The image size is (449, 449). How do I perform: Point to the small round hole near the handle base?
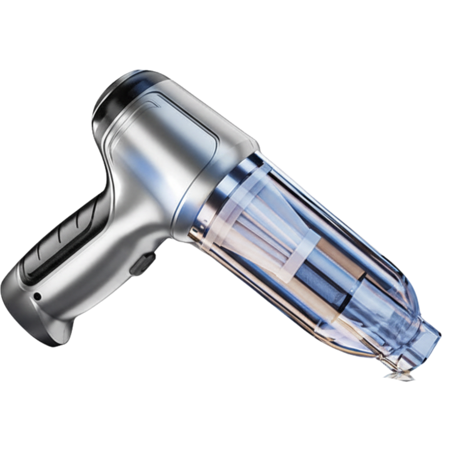(37, 296)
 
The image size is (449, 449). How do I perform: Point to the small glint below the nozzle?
(399, 376)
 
